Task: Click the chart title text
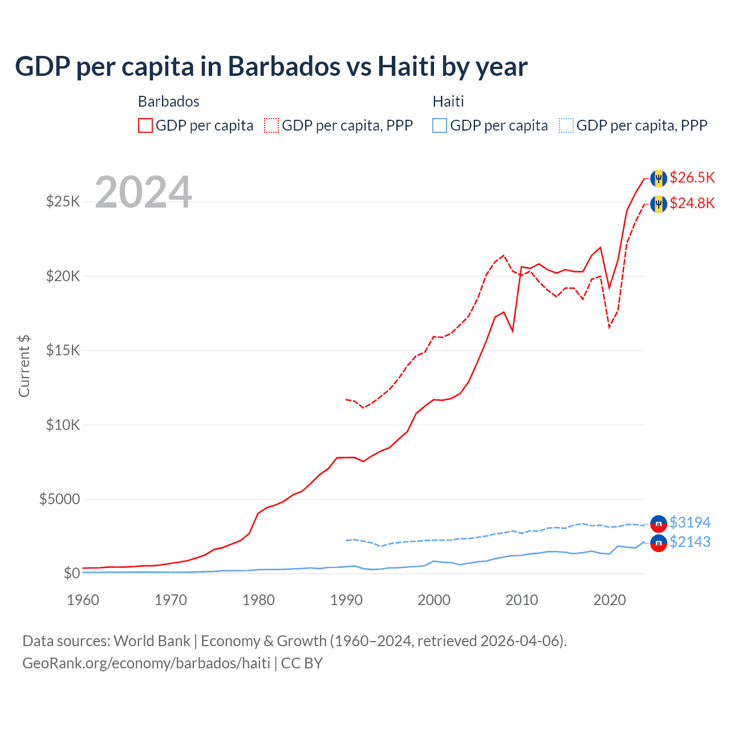click(271, 67)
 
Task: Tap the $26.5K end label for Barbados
click(692, 177)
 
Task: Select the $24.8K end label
click(692, 203)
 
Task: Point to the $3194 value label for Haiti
click(690, 522)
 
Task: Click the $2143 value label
click(690, 542)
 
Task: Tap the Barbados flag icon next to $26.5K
click(659, 179)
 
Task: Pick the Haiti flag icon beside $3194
click(659, 523)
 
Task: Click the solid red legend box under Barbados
click(145, 125)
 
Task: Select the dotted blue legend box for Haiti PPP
click(566, 125)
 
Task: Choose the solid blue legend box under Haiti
click(440, 125)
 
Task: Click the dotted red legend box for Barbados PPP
click(271, 125)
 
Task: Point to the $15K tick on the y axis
click(63, 350)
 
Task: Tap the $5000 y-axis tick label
click(59, 500)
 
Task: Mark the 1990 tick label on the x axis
click(346, 600)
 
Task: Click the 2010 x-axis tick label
click(522, 600)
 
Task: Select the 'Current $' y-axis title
click(24, 366)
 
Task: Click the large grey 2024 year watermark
click(143, 192)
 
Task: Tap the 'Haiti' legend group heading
click(448, 102)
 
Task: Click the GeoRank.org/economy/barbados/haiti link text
click(146, 663)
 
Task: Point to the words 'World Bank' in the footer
click(152, 641)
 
